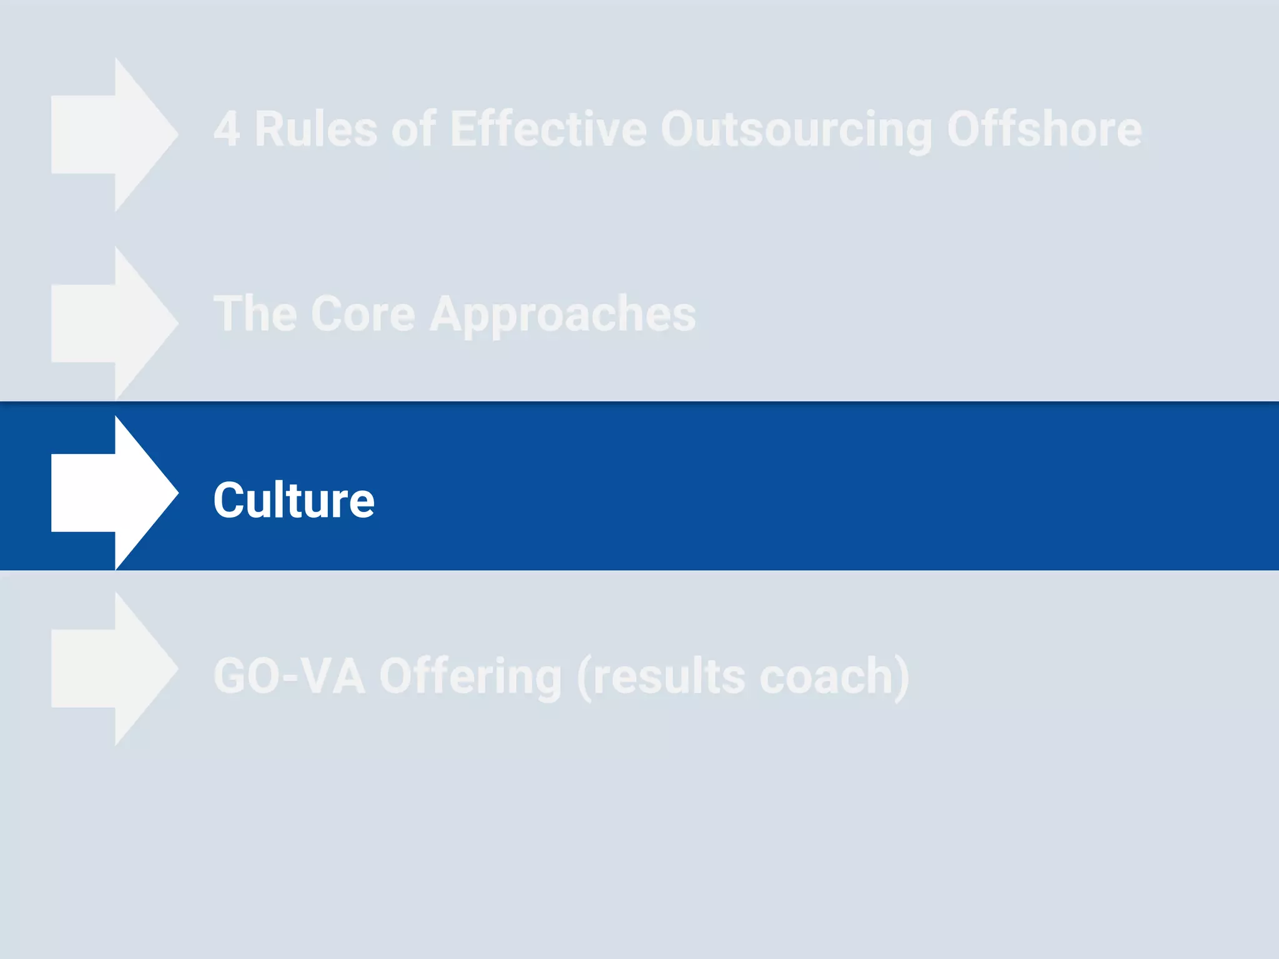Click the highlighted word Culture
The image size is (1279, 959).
coord(294,500)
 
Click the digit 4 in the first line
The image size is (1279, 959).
coord(227,129)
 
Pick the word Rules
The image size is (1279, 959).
coord(316,129)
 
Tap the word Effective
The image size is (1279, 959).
coord(548,129)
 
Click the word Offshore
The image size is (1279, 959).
coord(1044,129)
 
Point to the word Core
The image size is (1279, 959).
coord(363,314)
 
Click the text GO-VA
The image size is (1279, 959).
coord(289,676)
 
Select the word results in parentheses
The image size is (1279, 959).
coord(669,676)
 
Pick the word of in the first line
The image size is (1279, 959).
coord(413,129)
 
